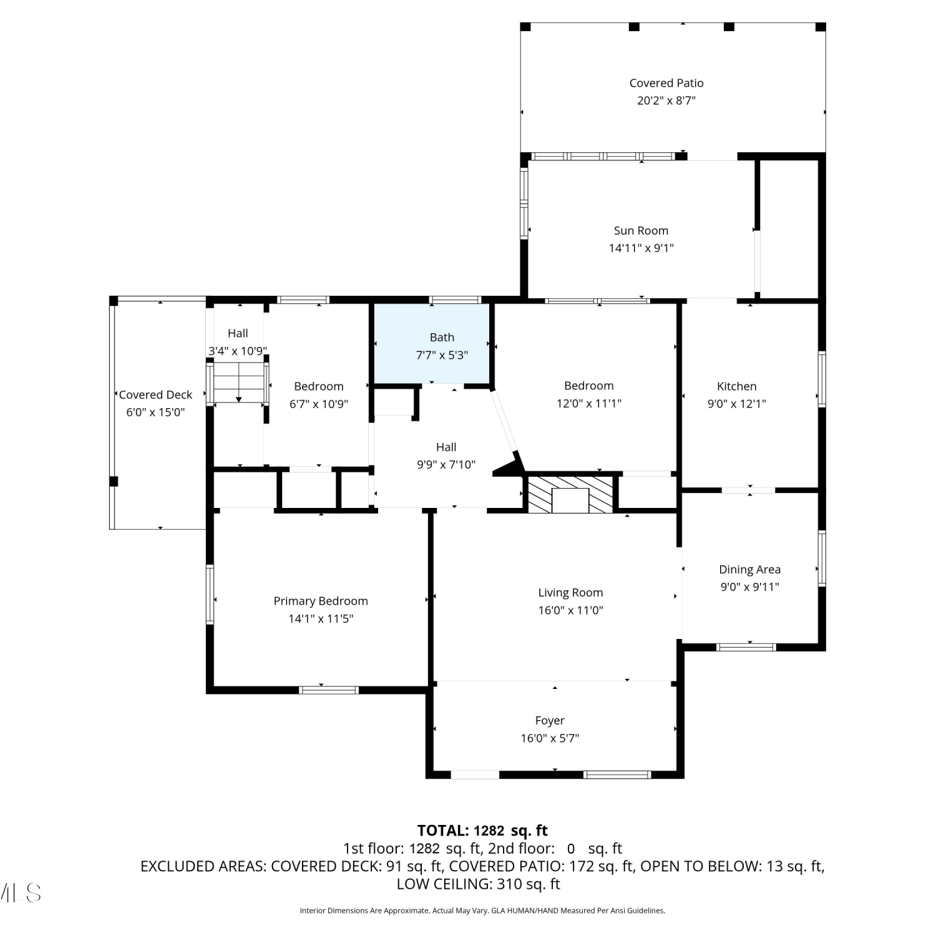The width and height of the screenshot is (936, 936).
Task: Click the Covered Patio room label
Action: pos(666,83)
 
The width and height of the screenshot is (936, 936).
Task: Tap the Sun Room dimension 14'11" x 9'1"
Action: pos(641,248)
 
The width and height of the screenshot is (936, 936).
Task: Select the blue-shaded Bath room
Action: pos(431,343)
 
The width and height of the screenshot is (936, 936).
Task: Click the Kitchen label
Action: pos(736,386)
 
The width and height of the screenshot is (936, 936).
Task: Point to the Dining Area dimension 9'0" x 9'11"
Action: pos(749,587)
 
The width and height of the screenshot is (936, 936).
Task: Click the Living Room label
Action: pos(570,593)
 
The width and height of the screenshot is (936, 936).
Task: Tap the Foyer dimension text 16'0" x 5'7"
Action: pos(550,738)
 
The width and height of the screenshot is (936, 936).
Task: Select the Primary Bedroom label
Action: pos(321,601)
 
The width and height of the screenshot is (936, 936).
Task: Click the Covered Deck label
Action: pos(155,395)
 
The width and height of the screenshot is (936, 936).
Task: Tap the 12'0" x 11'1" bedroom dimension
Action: pos(589,404)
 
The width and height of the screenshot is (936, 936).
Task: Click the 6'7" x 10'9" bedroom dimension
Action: pos(319,404)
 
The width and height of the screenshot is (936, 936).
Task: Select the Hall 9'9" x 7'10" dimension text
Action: pos(446,465)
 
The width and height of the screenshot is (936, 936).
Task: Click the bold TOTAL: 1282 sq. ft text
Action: pos(482,831)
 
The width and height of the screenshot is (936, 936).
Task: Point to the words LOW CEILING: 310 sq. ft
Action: pos(478,884)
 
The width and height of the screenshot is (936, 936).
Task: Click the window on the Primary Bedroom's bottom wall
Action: pos(329,690)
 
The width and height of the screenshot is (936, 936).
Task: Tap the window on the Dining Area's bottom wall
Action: pos(746,647)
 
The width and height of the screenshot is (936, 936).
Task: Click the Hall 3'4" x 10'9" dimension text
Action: pos(238,351)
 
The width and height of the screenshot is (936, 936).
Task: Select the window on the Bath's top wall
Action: pos(456,300)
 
